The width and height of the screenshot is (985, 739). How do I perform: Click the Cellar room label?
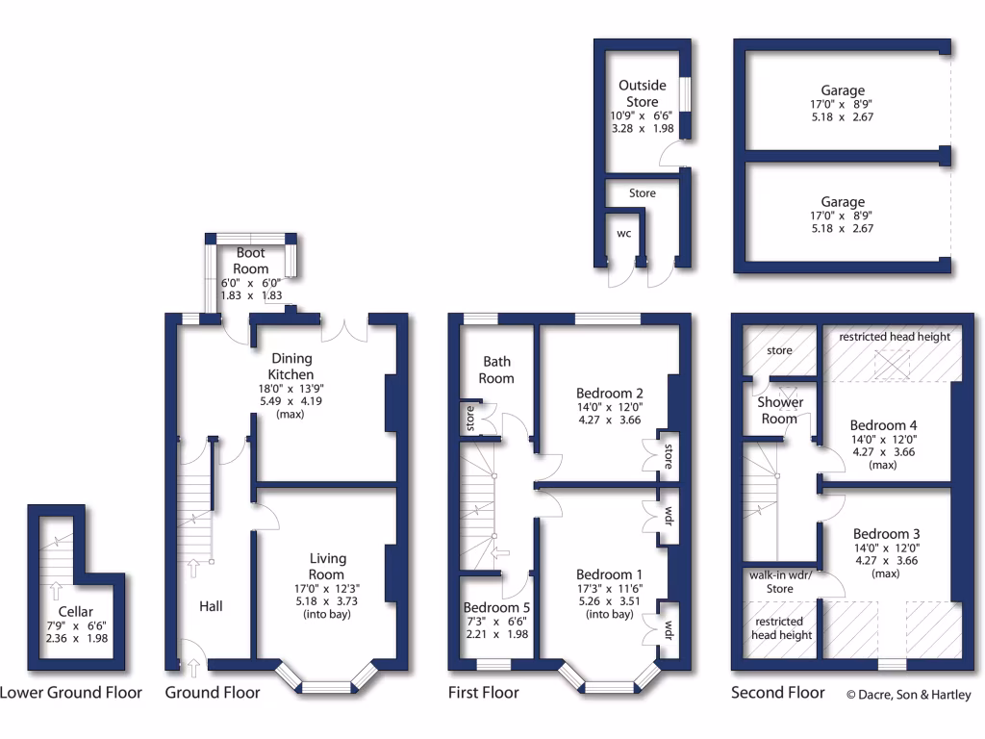click(76, 612)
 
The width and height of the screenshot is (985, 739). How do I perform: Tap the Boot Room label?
click(251, 261)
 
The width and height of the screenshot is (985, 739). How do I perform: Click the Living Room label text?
click(328, 566)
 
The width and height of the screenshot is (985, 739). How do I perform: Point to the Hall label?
click(211, 606)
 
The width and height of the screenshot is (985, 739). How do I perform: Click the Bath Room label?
click(497, 369)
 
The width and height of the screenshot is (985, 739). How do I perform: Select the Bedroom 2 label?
click(610, 393)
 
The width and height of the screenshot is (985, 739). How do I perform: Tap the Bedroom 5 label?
click(495, 608)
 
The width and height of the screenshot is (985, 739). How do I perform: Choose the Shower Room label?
click(779, 410)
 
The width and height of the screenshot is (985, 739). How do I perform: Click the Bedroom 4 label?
click(884, 425)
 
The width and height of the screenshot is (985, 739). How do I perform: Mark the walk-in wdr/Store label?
click(780, 581)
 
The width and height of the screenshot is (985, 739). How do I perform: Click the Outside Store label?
click(643, 93)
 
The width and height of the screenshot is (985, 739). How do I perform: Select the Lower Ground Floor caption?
click(71, 693)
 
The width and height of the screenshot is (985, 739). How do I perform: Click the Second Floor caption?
click(777, 693)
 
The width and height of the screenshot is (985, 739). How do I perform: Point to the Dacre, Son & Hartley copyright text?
click(908, 695)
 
